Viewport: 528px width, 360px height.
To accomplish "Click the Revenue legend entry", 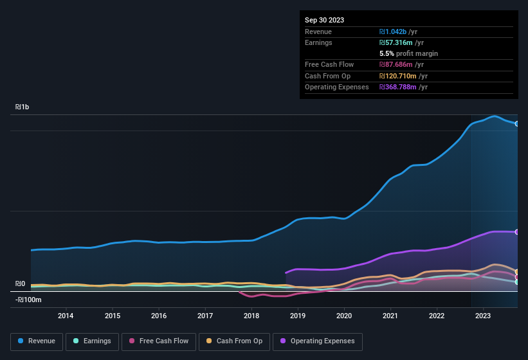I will [x=37, y=341].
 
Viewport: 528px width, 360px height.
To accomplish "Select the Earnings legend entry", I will [x=92, y=341].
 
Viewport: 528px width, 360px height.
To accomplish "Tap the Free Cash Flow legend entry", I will [x=159, y=341].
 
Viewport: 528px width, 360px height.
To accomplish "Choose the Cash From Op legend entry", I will [x=234, y=341].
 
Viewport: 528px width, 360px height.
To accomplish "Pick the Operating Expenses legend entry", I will [x=318, y=341].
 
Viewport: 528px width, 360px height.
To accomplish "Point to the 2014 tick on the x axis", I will [x=66, y=316].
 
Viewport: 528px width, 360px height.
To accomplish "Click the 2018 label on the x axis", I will [x=251, y=316].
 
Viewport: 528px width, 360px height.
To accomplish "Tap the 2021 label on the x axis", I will [x=390, y=316].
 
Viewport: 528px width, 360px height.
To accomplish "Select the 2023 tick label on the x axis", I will [x=483, y=316].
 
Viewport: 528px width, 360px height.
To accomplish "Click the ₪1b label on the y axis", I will [x=22, y=107].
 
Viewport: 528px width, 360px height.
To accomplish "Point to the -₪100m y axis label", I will [x=28, y=300].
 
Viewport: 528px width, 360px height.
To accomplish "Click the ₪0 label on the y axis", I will [x=20, y=283].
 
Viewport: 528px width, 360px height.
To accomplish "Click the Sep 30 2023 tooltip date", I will [x=324, y=20].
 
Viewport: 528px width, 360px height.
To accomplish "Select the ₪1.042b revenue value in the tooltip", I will [x=394, y=32].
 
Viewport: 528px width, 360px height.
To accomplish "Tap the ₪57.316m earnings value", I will [x=397, y=42].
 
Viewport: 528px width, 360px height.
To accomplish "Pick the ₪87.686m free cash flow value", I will [x=397, y=64].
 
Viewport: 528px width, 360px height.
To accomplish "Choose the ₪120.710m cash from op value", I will [x=399, y=76].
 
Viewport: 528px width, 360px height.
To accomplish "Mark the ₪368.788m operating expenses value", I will [x=399, y=87].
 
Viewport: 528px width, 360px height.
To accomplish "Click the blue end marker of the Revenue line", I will [x=517, y=123].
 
